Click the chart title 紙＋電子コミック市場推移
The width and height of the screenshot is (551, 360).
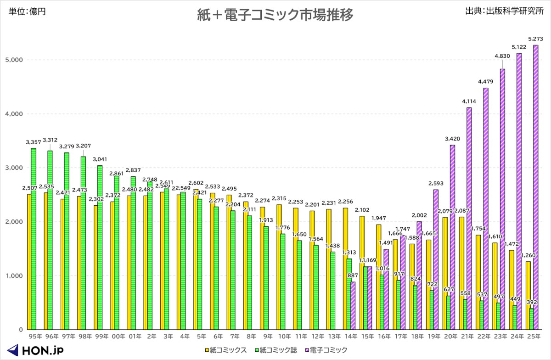pyautogui.click(x=275, y=15)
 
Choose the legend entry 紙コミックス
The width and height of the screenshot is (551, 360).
pyautogui.click(x=225, y=350)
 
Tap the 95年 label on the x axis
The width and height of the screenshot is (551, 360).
pyautogui.click(x=35, y=337)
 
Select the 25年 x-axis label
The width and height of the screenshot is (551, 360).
pyautogui.click(x=533, y=337)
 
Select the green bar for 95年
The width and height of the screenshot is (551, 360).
pyautogui.click(x=34, y=239)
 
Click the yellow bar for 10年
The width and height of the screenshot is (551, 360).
pyautogui.click(x=279, y=266)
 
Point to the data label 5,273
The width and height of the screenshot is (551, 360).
pyautogui.click(x=535, y=39)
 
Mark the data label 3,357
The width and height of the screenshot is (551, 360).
pyautogui.click(x=34, y=142)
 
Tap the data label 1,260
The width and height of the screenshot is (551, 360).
pyautogui.click(x=528, y=255)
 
